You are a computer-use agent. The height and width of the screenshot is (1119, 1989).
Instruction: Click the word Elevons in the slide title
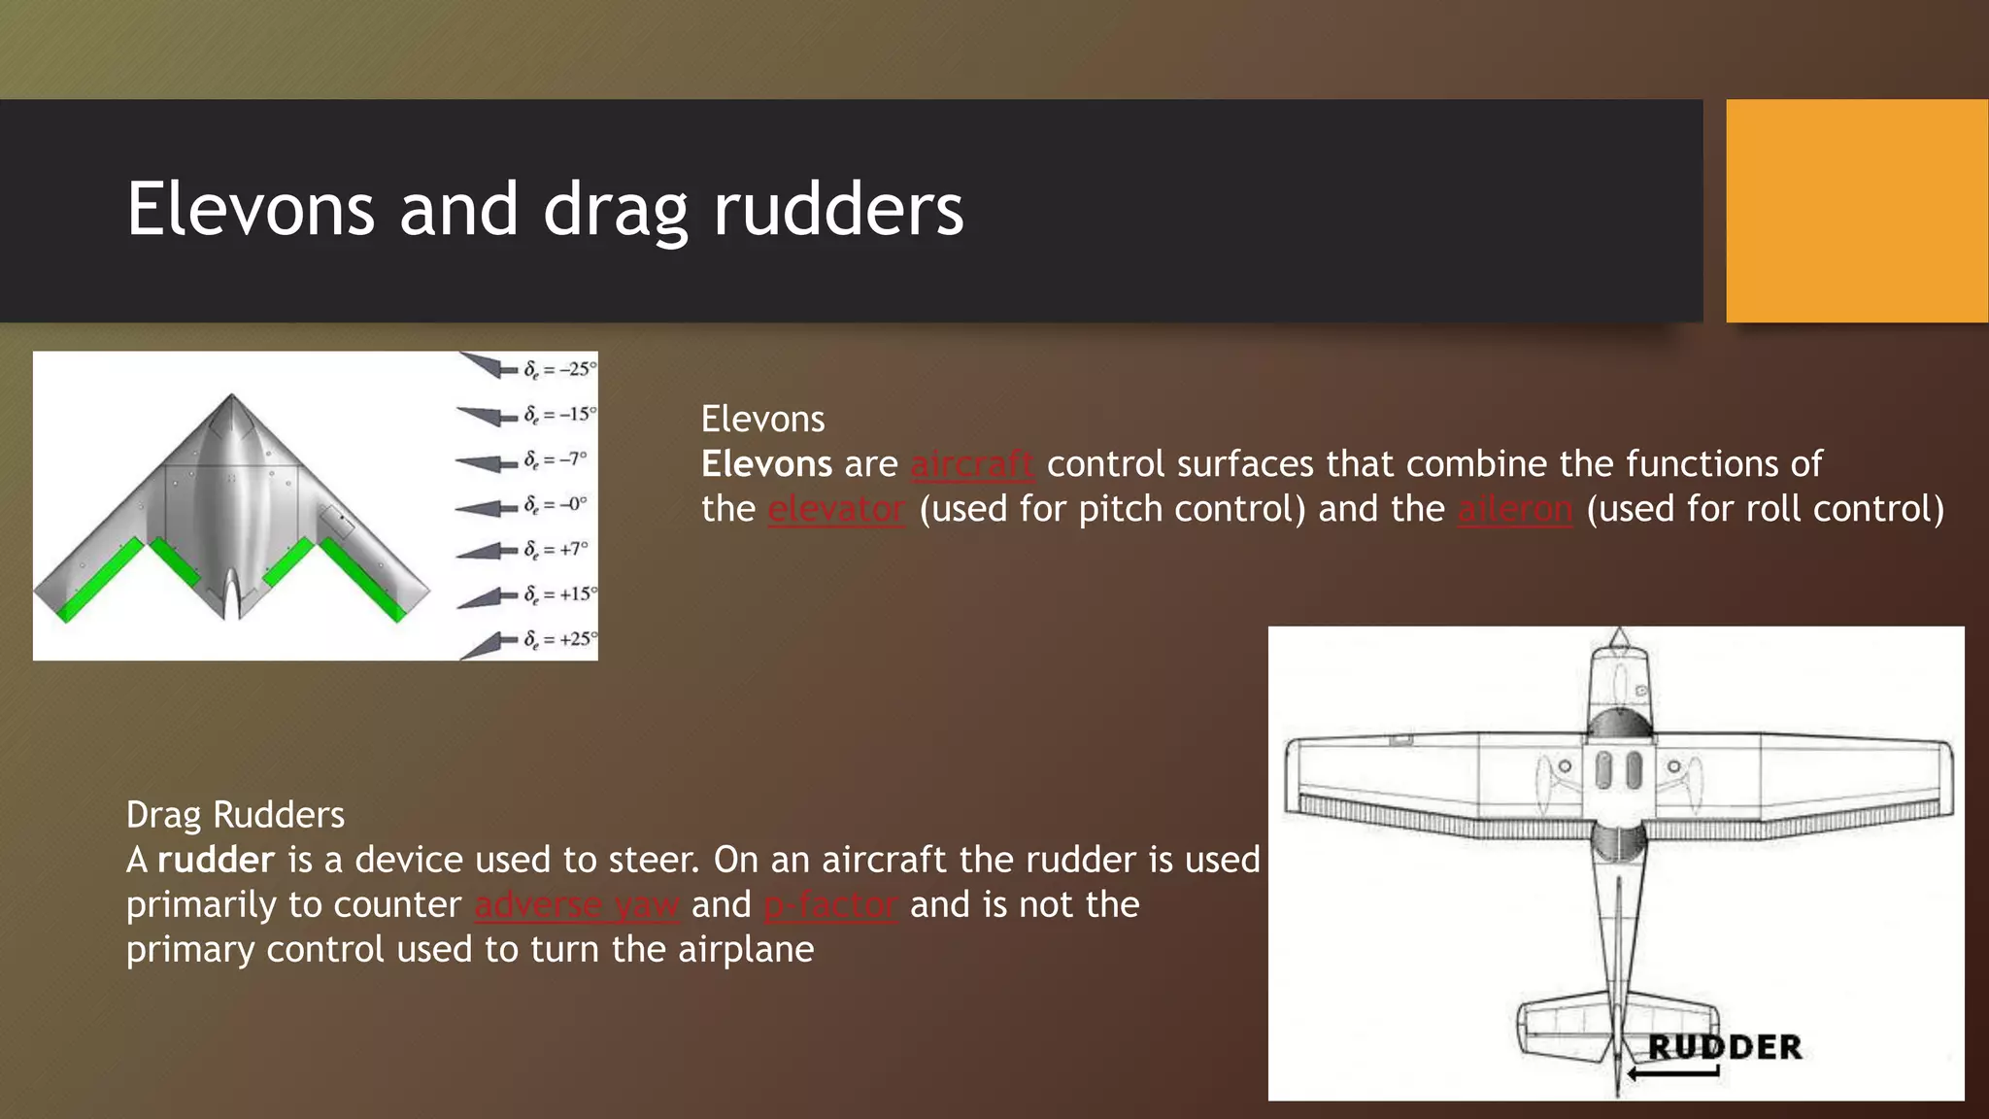click(251, 210)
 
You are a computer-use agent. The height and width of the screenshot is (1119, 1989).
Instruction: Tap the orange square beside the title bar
click(1856, 211)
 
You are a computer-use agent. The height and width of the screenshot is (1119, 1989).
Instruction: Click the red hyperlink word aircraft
click(971, 464)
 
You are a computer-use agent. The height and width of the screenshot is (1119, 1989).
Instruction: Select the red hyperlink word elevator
click(836, 509)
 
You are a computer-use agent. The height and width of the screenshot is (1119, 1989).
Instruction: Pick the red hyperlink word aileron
click(1515, 509)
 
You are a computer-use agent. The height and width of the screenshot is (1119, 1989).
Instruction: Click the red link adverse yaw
click(577, 904)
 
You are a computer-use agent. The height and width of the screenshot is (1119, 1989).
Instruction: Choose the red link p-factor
click(830, 904)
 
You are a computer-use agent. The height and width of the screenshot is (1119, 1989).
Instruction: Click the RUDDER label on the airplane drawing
click(1725, 1047)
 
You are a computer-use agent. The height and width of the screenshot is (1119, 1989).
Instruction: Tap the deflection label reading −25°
click(559, 369)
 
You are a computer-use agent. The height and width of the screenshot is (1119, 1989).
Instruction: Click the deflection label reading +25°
click(559, 639)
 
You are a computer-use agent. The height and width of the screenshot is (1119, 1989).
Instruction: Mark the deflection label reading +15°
click(559, 593)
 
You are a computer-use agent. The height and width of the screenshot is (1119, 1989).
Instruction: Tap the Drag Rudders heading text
click(235, 815)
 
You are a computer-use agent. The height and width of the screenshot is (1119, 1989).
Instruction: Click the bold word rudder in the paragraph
click(216, 860)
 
